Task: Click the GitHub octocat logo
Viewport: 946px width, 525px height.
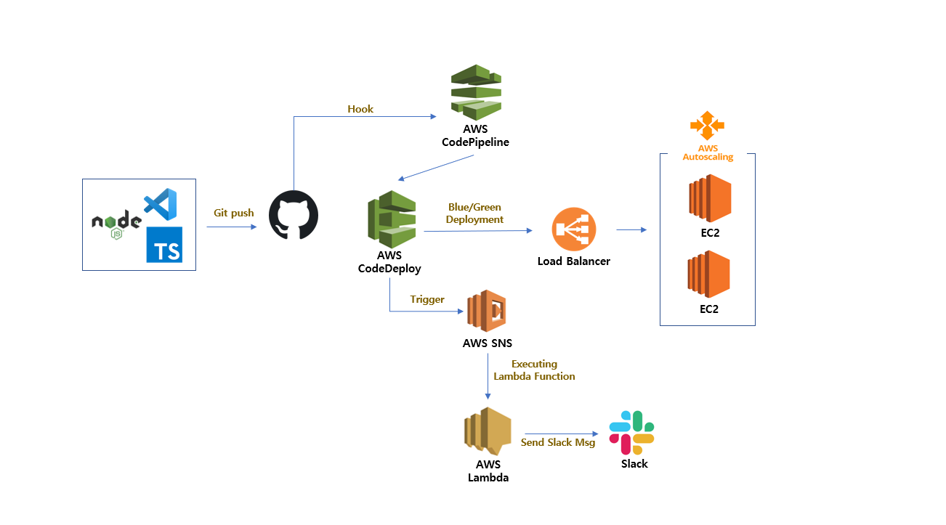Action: [x=294, y=216]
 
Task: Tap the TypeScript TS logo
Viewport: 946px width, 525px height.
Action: [x=164, y=244]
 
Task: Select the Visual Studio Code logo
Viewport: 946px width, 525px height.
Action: [x=161, y=204]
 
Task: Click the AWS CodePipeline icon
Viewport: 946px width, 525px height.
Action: [x=476, y=92]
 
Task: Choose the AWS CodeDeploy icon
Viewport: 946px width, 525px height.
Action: [x=392, y=219]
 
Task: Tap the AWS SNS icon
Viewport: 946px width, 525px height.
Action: [x=486, y=312]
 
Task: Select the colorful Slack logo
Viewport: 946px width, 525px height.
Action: [x=632, y=432]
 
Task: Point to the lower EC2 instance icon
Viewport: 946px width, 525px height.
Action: [x=708, y=274]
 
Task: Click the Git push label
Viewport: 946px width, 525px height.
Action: [x=234, y=213]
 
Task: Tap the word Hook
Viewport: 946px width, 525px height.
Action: [x=360, y=109]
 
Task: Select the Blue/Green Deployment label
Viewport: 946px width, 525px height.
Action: [x=474, y=213]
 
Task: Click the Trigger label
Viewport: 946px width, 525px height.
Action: [x=427, y=299]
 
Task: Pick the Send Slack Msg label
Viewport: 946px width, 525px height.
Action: [x=558, y=442]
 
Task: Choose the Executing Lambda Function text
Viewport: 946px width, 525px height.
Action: [x=534, y=370]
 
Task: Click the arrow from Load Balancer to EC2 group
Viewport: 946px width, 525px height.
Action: [x=631, y=230]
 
